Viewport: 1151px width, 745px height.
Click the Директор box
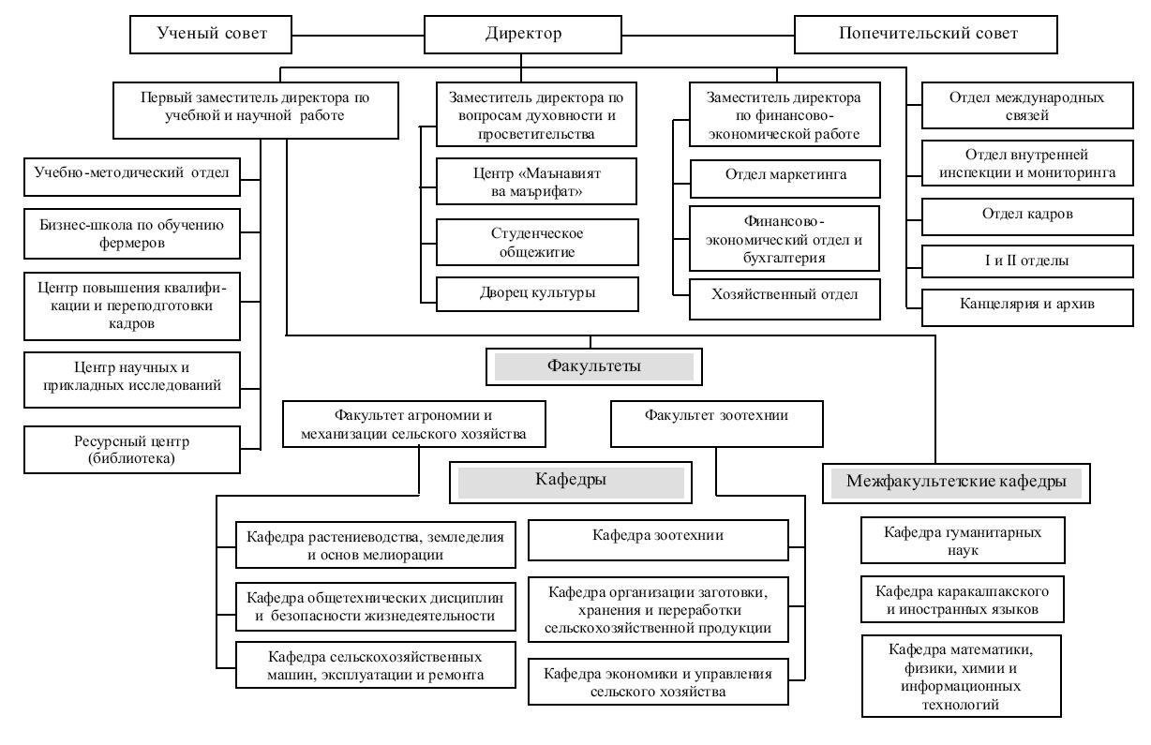point(523,35)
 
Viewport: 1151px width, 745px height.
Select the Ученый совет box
point(211,35)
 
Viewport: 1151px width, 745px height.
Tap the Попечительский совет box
point(926,35)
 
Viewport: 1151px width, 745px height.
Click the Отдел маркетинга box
point(785,179)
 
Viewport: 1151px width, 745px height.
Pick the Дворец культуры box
point(537,294)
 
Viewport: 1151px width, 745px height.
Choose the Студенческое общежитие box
point(537,242)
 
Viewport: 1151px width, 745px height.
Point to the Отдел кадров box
point(1027,216)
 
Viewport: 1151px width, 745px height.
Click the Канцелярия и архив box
point(1027,307)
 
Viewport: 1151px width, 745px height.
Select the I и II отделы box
point(1027,261)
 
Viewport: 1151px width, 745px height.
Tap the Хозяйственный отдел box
point(785,299)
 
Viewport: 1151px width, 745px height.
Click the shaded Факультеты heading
point(594,366)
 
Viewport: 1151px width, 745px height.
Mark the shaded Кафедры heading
point(571,483)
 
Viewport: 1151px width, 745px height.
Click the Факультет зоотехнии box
point(717,424)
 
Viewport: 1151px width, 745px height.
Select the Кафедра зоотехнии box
point(658,540)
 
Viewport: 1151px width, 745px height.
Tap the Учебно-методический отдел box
point(132,177)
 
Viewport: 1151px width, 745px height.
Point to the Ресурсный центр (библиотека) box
point(132,450)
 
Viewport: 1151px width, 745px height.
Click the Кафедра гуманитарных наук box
point(963,541)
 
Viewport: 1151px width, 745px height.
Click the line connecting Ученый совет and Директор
point(358,36)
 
